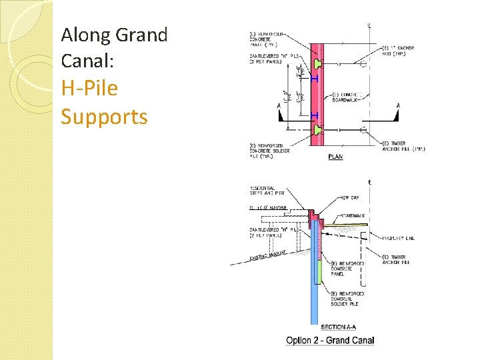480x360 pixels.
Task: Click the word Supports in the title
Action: (104, 117)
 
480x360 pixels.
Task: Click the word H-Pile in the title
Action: (89, 89)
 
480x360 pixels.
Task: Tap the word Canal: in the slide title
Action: (88, 61)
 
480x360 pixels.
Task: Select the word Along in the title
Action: (86, 34)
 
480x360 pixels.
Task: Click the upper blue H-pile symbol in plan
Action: (314, 78)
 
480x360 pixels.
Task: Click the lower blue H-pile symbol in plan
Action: (314, 115)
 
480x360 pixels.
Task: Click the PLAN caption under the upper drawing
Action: (336, 157)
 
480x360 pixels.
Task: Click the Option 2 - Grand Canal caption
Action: (330, 341)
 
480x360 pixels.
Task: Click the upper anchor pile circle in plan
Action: (363, 65)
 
